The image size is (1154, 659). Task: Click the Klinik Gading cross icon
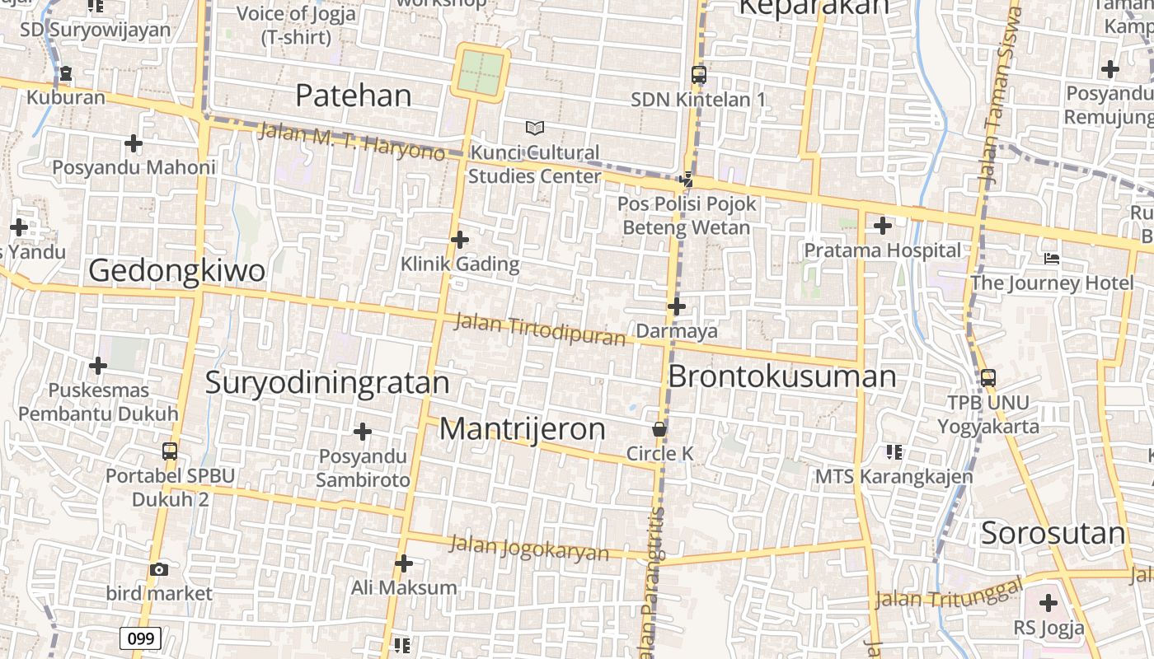click(460, 240)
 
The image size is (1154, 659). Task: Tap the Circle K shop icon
click(659, 429)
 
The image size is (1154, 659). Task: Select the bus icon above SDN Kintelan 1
click(698, 75)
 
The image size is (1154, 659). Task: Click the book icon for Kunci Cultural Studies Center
click(535, 128)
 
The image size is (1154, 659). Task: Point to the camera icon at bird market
click(159, 569)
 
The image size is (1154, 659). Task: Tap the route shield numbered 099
click(140, 638)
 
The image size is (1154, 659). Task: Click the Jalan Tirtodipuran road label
click(540, 329)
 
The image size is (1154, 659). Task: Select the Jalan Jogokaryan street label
click(529, 548)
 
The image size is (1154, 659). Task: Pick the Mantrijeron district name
click(522, 429)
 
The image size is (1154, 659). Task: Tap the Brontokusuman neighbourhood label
click(781, 376)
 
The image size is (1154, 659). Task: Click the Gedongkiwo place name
click(176, 270)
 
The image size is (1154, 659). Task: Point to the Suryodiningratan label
click(326, 383)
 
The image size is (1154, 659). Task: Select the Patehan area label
click(353, 96)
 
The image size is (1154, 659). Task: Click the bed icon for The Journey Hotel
click(1051, 259)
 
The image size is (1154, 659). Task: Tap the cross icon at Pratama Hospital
click(883, 225)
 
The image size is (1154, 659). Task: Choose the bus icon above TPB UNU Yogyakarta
click(987, 378)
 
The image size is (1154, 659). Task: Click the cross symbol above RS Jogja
click(1048, 603)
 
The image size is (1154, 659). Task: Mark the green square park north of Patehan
click(481, 72)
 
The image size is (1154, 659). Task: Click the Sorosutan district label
click(1053, 534)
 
